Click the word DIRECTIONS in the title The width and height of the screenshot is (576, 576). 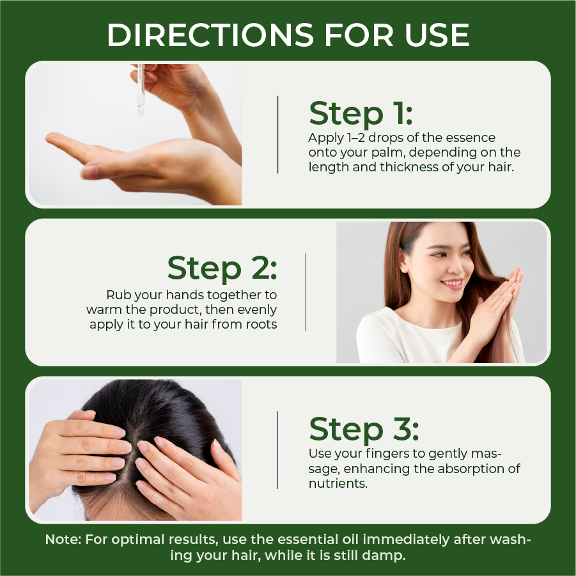tap(210, 35)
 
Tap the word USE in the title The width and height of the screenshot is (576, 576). tap(437, 35)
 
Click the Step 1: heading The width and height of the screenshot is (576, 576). tap(361, 113)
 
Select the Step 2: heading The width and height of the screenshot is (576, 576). tap(222, 268)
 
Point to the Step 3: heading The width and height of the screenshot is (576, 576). tap(364, 429)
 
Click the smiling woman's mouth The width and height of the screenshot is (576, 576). tap(452, 283)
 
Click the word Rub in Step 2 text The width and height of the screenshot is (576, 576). tap(118, 295)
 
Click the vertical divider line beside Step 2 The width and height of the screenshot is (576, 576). tap(306, 292)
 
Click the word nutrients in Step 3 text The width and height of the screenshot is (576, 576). tap(338, 483)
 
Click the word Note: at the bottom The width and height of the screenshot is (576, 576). tap(63, 540)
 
